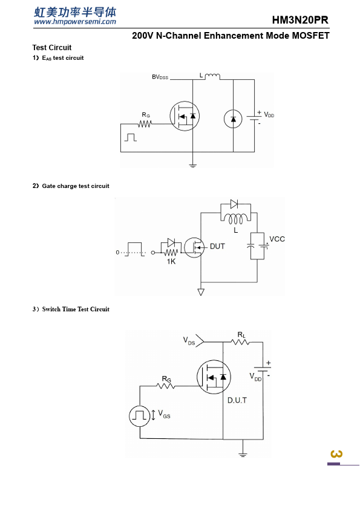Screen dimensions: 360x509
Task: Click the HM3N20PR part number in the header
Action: tap(300, 20)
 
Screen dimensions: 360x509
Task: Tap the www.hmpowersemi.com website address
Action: tap(75, 22)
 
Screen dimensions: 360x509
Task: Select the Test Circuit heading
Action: tap(51, 47)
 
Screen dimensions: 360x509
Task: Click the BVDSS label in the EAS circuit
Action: tap(160, 77)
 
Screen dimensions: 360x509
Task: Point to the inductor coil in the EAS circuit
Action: tap(212, 77)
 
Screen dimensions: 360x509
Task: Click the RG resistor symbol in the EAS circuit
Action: tap(145, 124)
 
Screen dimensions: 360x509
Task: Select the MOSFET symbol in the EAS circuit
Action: tap(185, 116)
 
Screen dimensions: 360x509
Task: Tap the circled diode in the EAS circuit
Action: tap(233, 119)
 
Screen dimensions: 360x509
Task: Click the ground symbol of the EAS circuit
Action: tap(192, 166)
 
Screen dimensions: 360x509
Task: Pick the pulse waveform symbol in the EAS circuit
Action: tap(130, 137)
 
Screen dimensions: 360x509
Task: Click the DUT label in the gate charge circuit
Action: tap(217, 247)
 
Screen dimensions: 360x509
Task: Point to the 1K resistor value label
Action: tap(171, 262)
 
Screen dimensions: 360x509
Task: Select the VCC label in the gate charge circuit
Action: tap(277, 239)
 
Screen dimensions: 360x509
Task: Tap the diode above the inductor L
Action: tap(234, 204)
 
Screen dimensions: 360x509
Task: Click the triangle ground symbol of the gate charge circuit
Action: tap(201, 292)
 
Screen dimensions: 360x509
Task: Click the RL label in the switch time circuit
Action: tap(241, 335)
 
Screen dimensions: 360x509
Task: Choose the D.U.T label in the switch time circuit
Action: tap(237, 400)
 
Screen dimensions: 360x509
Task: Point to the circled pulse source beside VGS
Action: tap(140, 415)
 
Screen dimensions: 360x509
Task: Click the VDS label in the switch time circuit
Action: tap(189, 341)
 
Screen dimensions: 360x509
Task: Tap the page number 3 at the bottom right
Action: tap(336, 454)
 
